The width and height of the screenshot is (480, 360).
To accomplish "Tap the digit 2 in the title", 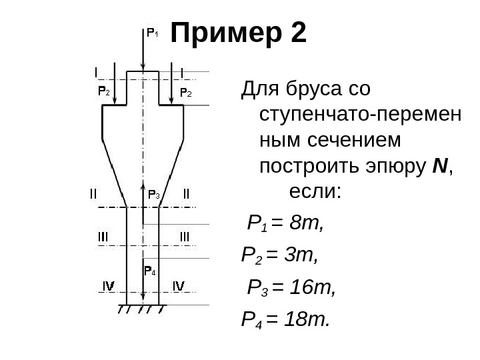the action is click(299, 33).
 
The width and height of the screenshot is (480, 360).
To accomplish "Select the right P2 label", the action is click(187, 92).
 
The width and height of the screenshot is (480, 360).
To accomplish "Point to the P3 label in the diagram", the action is click(153, 195).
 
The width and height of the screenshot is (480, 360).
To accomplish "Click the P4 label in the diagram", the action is click(150, 271).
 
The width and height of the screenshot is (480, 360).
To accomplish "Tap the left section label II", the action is click(93, 195).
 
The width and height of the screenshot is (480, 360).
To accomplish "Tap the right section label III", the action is click(184, 236).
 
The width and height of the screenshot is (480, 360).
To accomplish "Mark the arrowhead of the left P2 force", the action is click(116, 101).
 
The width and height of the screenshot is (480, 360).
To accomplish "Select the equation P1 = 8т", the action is click(285, 223).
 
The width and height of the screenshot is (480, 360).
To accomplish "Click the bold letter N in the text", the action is click(438, 165).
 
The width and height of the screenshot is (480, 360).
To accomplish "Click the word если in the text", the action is click(315, 193).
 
